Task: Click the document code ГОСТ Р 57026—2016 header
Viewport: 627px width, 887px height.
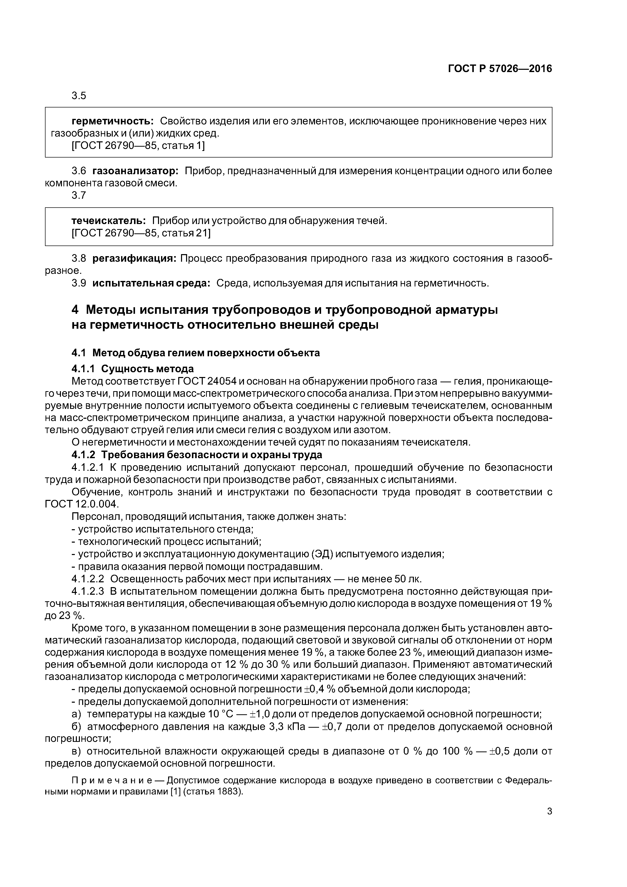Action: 500,69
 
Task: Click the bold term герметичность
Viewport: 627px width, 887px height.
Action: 113,121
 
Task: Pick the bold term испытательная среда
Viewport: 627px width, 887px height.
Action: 151,283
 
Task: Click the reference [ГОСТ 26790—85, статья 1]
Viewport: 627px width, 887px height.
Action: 138,146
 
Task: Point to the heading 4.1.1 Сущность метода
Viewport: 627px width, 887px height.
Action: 132,369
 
